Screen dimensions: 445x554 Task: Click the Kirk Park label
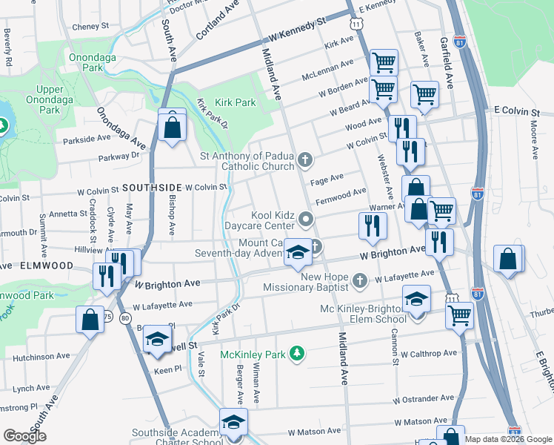(235, 102)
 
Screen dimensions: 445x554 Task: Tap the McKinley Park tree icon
(298, 352)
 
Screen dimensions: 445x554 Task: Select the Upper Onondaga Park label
(50, 99)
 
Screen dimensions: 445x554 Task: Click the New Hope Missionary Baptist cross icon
(359, 280)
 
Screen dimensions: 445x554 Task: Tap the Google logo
(25, 436)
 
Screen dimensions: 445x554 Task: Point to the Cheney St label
(90, 26)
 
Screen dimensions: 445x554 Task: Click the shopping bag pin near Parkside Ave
(172, 127)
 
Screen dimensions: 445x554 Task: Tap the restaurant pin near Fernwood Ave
(373, 226)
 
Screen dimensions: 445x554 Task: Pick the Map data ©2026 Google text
(507, 438)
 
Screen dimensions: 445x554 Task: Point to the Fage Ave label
(327, 179)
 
